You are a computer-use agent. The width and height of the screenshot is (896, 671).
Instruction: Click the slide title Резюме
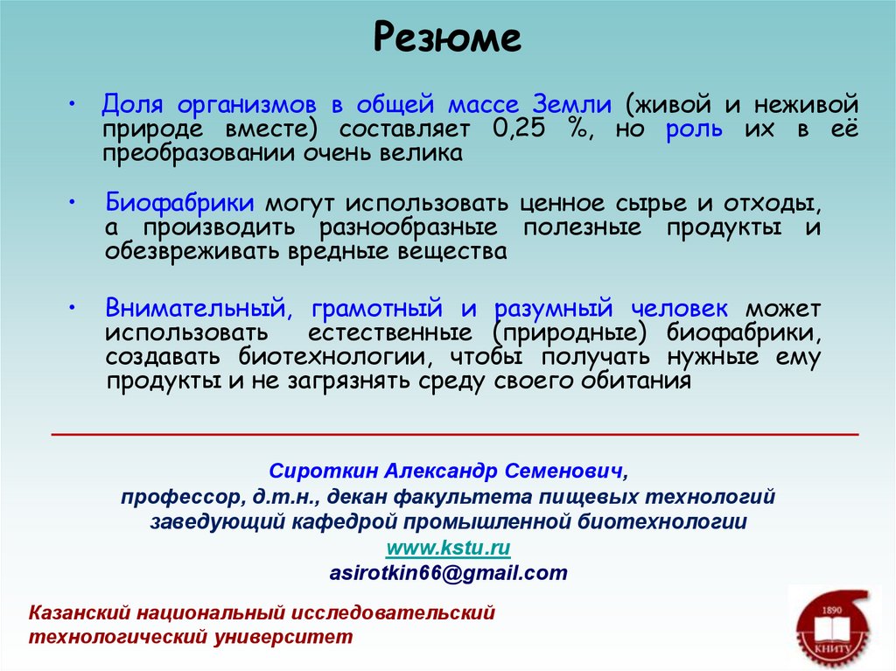click(447, 38)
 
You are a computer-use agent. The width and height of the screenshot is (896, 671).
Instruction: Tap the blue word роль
click(694, 129)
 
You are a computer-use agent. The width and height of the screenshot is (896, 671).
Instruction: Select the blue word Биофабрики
click(181, 203)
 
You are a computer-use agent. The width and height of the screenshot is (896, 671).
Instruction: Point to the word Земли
click(571, 105)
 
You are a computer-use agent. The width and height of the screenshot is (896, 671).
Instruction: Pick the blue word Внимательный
click(192, 308)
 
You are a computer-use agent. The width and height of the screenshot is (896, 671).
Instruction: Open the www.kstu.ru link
click(448, 548)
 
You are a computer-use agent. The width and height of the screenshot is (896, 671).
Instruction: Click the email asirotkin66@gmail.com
click(448, 573)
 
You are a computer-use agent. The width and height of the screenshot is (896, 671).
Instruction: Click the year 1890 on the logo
click(832, 610)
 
